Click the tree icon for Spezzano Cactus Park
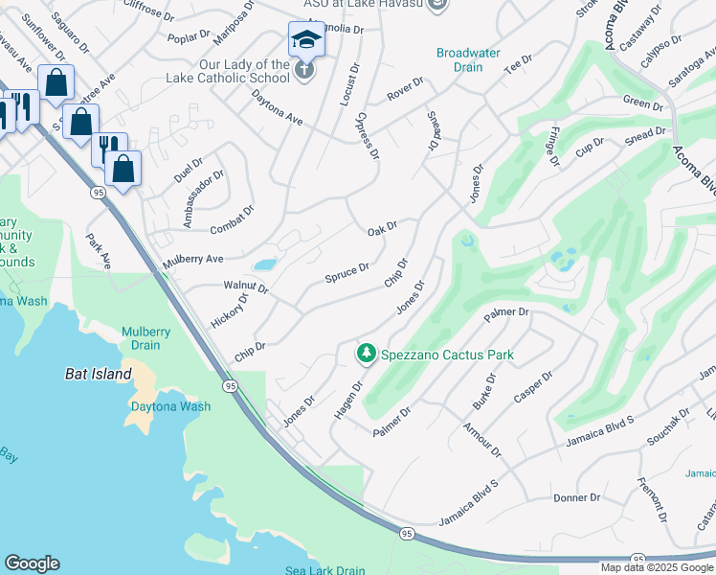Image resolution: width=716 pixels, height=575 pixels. tap(366, 354)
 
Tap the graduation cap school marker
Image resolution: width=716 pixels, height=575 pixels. tap(305, 40)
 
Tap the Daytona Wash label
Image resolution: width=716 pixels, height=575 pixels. tap(170, 406)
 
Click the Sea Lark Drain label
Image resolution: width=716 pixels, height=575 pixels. tap(324, 570)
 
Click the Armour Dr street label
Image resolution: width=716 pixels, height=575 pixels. tap(481, 438)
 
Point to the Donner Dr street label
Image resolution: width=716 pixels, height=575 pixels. tap(576, 497)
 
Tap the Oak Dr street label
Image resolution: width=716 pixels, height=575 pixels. tap(382, 228)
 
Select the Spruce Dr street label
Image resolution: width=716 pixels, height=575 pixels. tap(347, 273)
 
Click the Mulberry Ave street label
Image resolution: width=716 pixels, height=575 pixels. tap(191, 259)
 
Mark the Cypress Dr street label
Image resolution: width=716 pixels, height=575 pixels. tap(367, 135)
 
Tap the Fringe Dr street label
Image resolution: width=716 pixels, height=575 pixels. tap(554, 146)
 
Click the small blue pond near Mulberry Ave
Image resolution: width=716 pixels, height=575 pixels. tap(265, 264)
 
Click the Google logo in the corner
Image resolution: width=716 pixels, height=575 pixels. tap(32, 563)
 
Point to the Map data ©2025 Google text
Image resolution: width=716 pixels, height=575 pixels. tap(656, 567)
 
